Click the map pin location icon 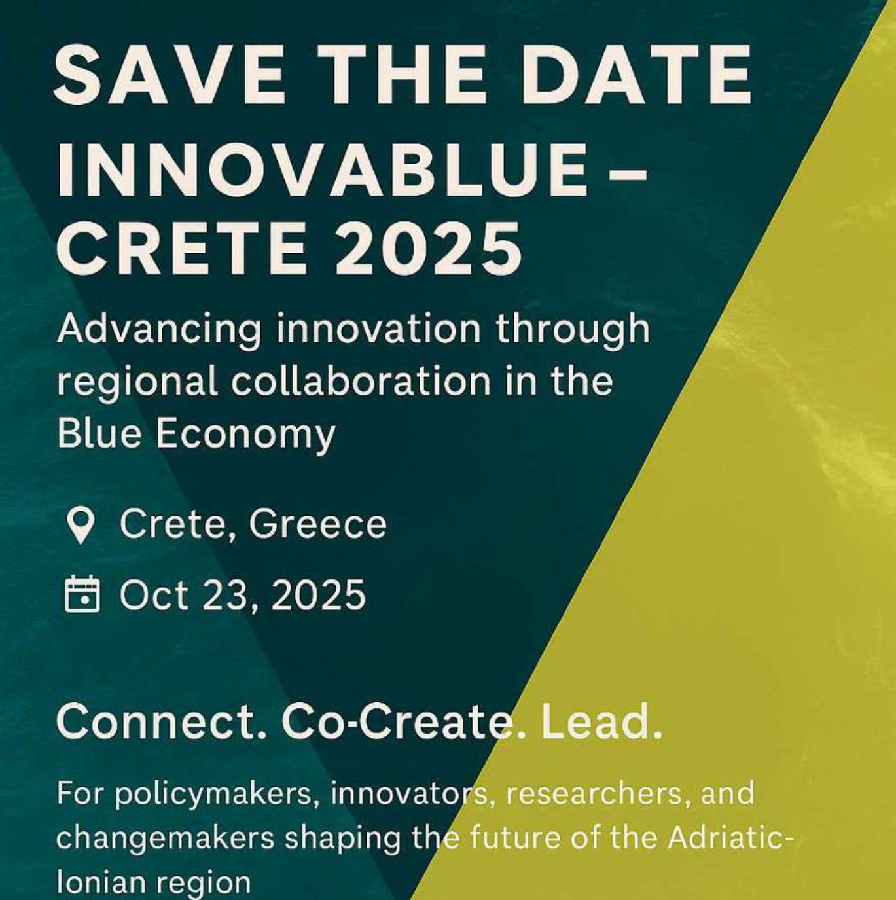click(81, 526)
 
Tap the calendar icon click(82, 594)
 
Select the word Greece click(317, 524)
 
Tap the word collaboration click(361, 381)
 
